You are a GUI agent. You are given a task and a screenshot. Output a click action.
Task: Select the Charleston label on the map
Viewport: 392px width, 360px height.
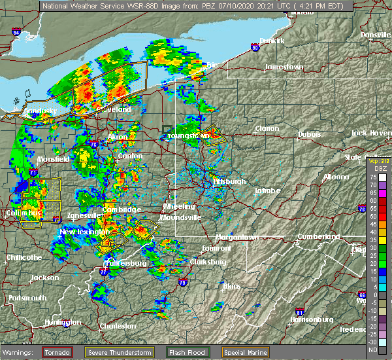tap(118, 326)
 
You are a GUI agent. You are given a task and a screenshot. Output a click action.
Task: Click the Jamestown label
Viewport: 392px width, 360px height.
tap(284, 67)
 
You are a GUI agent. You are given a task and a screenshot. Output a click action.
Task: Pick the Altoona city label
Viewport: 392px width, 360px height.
tap(335, 177)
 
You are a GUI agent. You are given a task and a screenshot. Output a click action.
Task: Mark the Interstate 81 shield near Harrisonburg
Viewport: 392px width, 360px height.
tap(300, 312)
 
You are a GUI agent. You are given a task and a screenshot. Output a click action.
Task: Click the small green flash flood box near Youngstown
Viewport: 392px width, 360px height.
tap(168, 129)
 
